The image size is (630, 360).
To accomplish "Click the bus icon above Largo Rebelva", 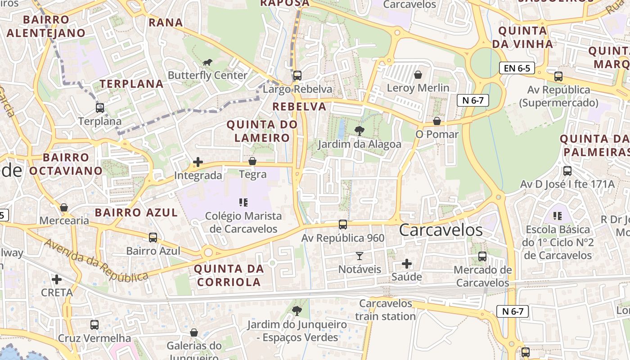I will (x=297, y=76).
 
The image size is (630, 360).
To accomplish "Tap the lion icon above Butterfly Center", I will (x=207, y=62).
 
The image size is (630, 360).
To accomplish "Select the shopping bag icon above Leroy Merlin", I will (x=418, y=74).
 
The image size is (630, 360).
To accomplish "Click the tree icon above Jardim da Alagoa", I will (x=359, y=131).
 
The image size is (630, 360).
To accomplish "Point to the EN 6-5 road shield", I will (x=517, y=68).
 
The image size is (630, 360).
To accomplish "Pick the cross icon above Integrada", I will (x=198, y=162).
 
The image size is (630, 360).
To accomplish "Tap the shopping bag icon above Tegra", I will (x=252, y=161).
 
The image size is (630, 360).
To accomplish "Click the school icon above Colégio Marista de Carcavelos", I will (x=243, y=202).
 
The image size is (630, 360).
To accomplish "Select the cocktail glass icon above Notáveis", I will (x=359, y=256).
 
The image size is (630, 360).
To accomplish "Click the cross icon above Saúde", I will (x=407, y=263).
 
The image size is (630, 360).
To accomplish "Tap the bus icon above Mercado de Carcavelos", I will (x=482, y=256).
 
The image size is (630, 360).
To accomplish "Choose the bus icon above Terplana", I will (x=100, y=108).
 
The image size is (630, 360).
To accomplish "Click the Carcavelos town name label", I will (x=441, y=230).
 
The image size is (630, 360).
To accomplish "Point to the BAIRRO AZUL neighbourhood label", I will (x=136, y=212).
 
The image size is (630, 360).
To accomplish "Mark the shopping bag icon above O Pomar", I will (x=436, y=121).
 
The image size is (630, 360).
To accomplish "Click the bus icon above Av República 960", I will (x=343, y=224).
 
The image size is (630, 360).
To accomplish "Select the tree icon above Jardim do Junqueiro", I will (x=297, y=310).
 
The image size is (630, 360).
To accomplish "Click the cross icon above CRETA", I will (x=57, y=279).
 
